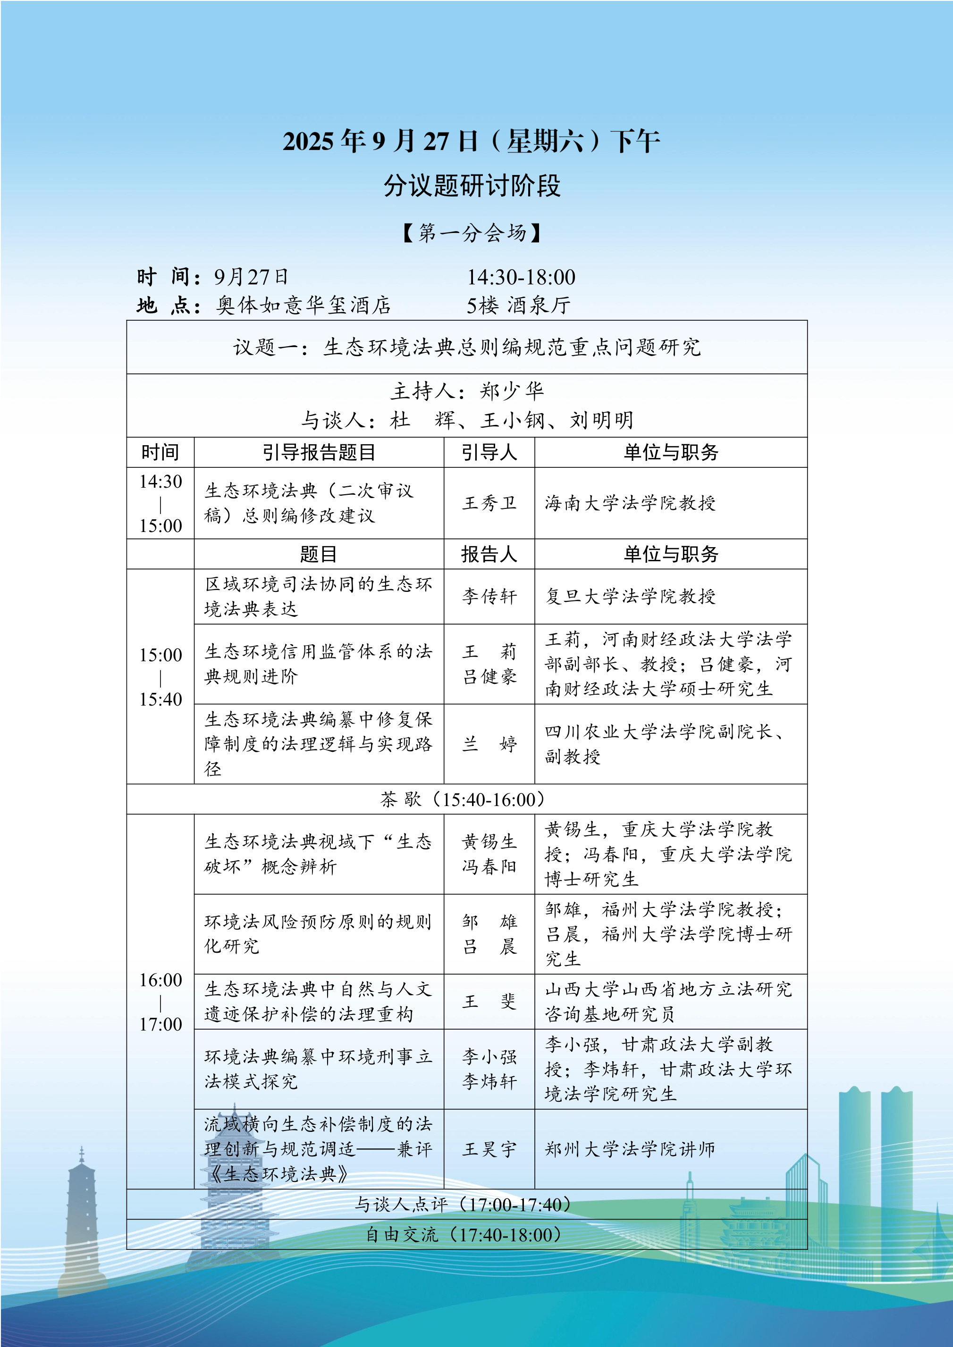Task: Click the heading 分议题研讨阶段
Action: coord(472,186)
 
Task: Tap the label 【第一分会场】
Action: coord(472,233)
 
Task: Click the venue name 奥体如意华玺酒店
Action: coord(304,305)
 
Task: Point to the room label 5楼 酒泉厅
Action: coord(518,305)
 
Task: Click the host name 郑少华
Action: coord(512,391)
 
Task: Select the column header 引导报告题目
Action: coord(318,452)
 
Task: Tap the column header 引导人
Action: coord(489,452)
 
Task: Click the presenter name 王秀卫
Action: coord(489,503)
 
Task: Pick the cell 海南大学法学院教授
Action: coord(630,503)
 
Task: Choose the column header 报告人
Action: coord(489,554)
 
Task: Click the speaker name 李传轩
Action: coord(489,597)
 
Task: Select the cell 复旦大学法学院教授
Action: coord(630,597)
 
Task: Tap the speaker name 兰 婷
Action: coord(489,744)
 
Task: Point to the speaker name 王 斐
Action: coord(489,1001)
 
